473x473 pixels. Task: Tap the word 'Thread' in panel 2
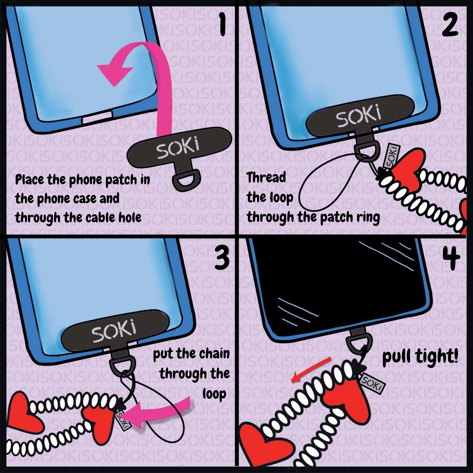coord(266,177)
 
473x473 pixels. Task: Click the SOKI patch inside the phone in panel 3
coord(115,331)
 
